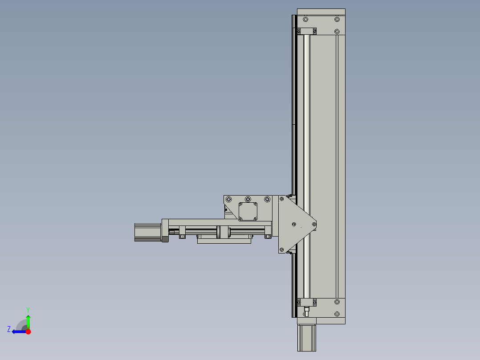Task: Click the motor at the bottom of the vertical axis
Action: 306,338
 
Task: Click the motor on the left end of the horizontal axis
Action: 147,232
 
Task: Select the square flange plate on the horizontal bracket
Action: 248,211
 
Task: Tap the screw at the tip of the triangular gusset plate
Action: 314,224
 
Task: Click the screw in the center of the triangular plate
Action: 294,224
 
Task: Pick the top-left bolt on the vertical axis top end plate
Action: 305,20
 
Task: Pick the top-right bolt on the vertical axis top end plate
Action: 337,20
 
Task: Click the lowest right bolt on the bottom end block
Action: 337,314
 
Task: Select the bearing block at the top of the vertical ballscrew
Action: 306,31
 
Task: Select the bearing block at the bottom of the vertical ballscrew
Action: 306,302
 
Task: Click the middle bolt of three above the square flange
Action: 248,199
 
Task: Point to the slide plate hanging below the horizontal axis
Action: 224,241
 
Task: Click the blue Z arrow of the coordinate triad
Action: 18,331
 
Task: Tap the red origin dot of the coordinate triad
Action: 28,331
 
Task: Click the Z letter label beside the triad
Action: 9,329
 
